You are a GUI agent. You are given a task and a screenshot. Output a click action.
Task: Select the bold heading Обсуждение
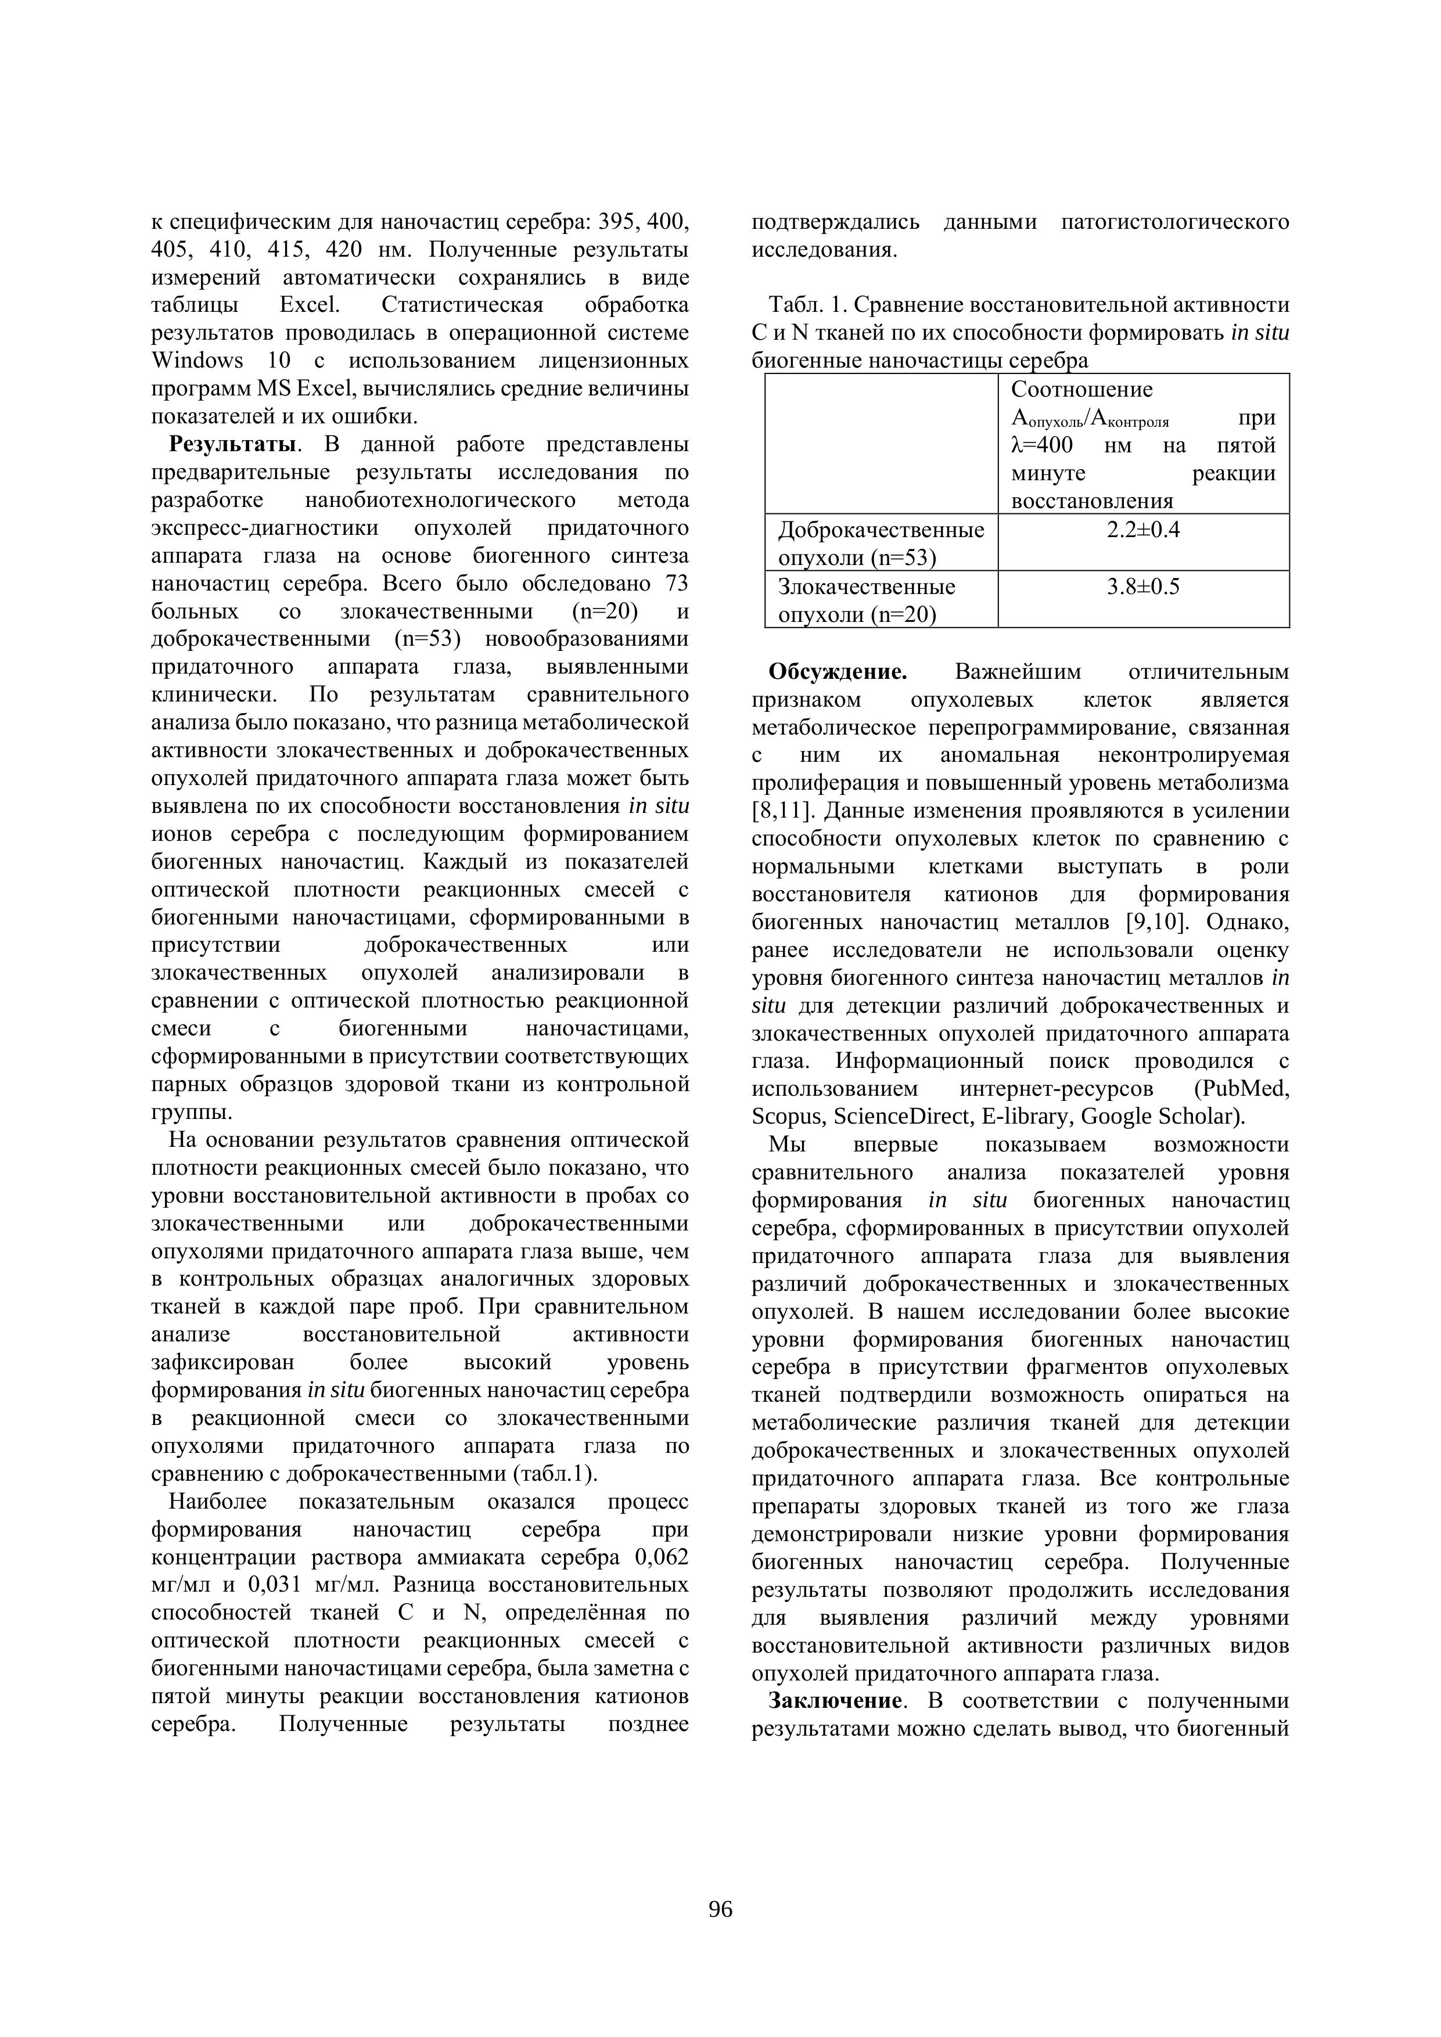837,672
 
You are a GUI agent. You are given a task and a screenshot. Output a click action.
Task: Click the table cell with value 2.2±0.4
1143,531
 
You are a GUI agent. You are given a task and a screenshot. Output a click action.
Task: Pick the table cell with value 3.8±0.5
1143,587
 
